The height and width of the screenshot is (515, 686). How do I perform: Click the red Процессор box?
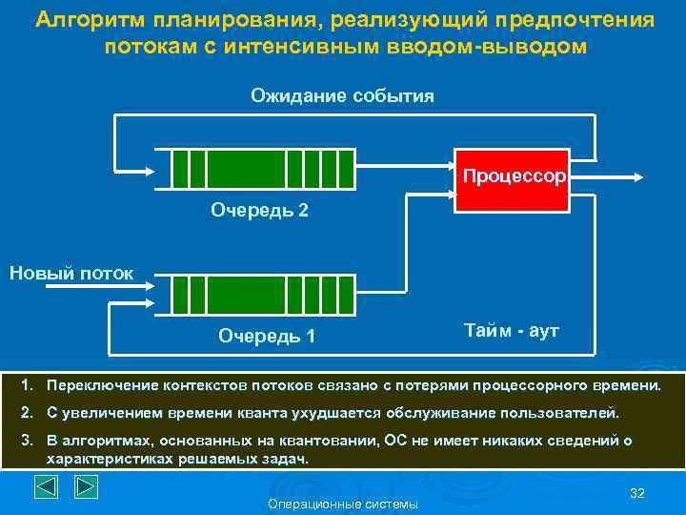click(513, 178)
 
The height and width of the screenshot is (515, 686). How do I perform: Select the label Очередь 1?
click(267, 336)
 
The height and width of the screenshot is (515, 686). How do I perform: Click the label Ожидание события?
click(342, 95)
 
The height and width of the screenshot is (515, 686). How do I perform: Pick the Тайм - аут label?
click(512, 331)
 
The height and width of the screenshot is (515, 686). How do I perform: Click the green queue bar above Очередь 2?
click(262, 169)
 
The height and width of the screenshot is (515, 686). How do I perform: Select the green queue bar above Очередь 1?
click(262, 295)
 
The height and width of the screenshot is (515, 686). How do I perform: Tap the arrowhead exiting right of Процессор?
click(647, 177)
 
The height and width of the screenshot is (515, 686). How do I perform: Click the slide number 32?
click(637, 492)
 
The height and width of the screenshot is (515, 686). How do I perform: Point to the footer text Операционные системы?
click(343, 504)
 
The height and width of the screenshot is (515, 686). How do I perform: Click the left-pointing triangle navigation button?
click(48, 487)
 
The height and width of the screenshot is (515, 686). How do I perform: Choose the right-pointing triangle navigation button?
click(86, 487)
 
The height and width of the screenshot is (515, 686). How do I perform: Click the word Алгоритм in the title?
click(87, 20)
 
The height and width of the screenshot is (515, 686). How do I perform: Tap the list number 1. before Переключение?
click(29, 386)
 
